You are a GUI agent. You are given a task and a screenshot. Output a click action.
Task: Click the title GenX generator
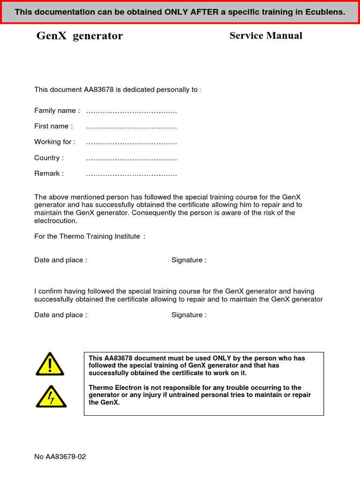80,36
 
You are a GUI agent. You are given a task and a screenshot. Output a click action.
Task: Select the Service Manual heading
266,36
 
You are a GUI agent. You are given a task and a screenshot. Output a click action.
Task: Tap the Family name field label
57,111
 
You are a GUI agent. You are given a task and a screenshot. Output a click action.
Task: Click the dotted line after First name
131,127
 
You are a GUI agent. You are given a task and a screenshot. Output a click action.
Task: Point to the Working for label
55,142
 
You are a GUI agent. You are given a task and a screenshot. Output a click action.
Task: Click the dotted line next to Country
131,158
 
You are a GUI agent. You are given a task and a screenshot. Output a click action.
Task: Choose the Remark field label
49,173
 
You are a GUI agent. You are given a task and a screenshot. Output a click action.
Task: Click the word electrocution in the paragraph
55,221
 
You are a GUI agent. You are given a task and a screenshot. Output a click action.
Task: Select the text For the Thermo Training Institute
90,236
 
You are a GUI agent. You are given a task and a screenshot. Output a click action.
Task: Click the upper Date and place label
60,260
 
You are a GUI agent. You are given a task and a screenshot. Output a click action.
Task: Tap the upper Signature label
189,260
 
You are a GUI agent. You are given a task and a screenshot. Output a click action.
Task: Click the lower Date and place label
60,315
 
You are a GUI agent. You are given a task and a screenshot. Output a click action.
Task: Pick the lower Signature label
189,315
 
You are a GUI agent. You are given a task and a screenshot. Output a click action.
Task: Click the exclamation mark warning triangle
50,365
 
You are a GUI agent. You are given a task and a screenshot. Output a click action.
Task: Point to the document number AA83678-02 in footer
66,457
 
